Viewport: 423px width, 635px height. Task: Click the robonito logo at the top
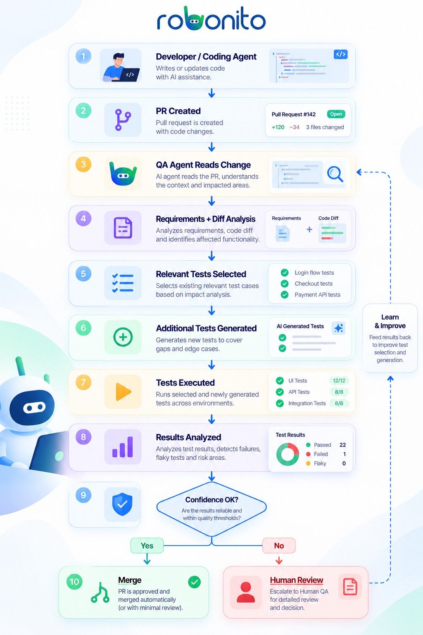coord(211,19)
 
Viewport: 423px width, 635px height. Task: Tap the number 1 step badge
coord(83,56)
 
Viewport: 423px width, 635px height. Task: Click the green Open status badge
coord(336,114)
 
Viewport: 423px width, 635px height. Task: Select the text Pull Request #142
coord(294,114)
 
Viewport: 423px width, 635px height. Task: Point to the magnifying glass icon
coord(335,174)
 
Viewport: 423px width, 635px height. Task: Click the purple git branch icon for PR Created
coord(123,119)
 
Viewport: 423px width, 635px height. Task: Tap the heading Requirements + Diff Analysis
coord(205,219)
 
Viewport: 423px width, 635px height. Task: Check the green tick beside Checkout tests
coord(285,284)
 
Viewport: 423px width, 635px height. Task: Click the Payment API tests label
coord(317,294)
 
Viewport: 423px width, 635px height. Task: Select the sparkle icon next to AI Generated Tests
coord(339,328)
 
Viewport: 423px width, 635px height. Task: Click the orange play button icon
coord(123,392)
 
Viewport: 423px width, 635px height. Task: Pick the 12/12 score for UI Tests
coord(339,380)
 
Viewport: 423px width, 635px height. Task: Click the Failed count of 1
coord(345,454)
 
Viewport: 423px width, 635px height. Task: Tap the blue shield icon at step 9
coord(122,504)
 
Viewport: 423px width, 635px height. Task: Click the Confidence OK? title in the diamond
coord(211,499)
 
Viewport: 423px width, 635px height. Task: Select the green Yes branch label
coord(147,545)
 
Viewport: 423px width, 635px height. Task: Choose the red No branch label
coord(279,545)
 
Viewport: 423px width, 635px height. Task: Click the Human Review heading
coord(296,580)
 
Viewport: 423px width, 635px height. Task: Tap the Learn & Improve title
coord(390,321)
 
